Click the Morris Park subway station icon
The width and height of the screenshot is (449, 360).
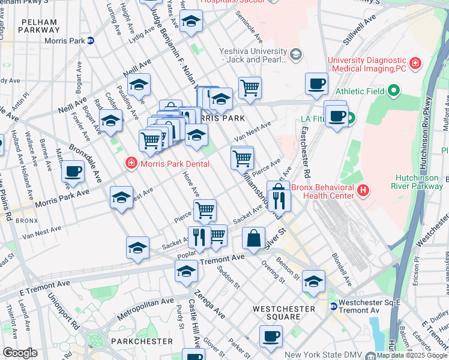pyautogui.click(x=91, y=41)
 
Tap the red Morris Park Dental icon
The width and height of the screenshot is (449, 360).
pyautogui.click(x=130, y=164)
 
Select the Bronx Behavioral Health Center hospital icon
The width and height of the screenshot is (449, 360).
pyautogui.click(x=362, y=191)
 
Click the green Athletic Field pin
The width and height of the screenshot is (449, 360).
pyautogui.click(x=393, y=91)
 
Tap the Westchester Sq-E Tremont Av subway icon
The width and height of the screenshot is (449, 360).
pyautogui.click(x=333, y=306)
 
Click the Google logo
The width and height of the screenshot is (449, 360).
pyautogui.click(x=20, y=353)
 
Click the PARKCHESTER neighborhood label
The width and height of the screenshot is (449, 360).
pyautogui.click(x=143, y=341)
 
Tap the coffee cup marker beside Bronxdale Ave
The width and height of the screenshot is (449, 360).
pyautogui.click(x=73, y=171)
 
